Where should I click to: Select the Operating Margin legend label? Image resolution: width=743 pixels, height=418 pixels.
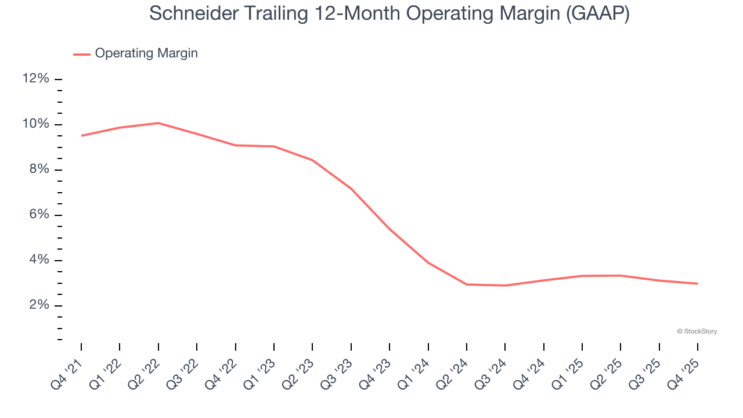pos(146,53)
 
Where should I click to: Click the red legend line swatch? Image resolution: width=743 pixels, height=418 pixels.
pos(82,54)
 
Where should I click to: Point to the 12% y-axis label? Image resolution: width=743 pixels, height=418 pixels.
pos(35,79)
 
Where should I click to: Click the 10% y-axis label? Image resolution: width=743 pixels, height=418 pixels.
pos(35,124)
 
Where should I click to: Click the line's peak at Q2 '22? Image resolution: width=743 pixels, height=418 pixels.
pos(158,123)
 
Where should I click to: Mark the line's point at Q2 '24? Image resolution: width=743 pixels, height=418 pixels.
pos(467,284)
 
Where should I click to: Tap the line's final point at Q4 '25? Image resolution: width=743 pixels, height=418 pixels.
pos(697,283)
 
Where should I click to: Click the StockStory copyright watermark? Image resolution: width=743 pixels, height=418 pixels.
pos(697,331)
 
